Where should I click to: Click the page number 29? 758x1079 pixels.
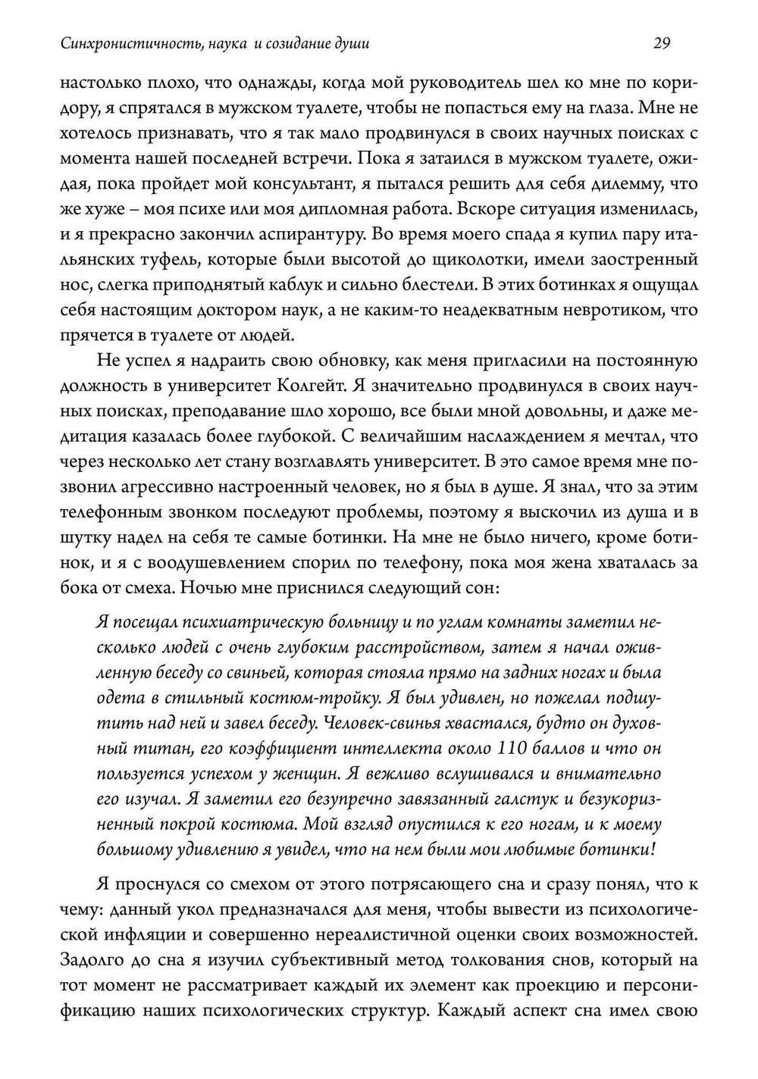click(x=661, y=43)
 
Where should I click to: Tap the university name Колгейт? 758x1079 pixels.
click(x=312, y=386)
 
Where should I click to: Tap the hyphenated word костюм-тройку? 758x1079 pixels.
click(x=321, y=698)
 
